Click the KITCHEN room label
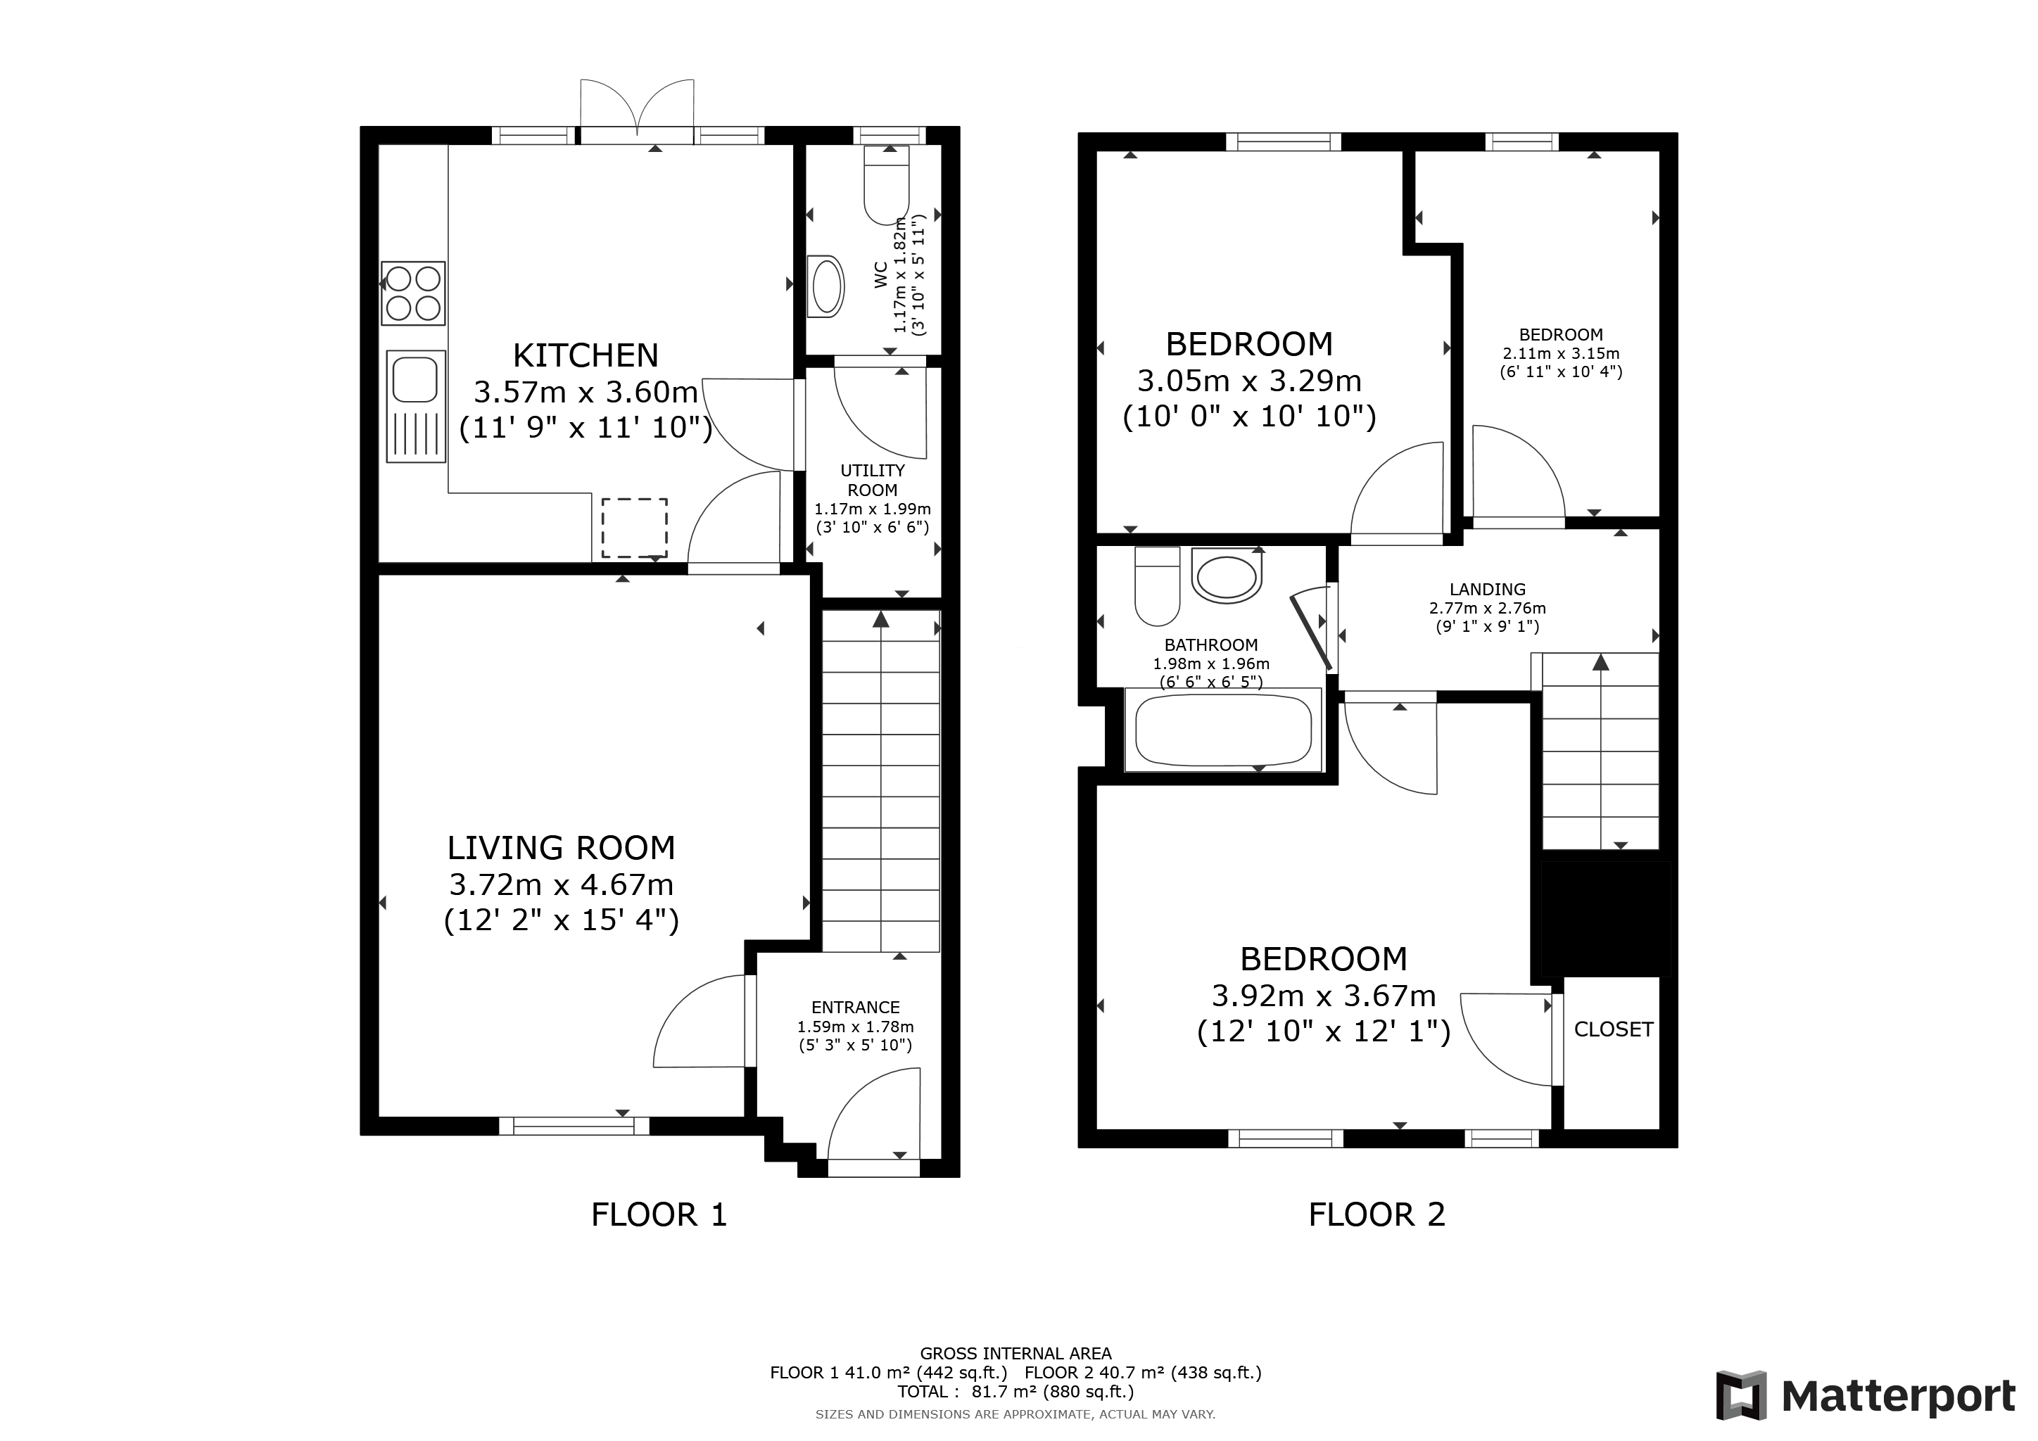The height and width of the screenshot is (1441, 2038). pyautogui.click(x=586, y=356)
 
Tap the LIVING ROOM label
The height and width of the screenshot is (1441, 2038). pyautogui.click(x=561, y=849)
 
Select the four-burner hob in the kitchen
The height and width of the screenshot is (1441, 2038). pyautogui.click(x=413, y=293)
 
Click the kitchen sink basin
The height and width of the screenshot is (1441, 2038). pyautogui.click(x=414, y=377)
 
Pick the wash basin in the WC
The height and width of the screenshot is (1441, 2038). pyautogui.click(x=826, y=286)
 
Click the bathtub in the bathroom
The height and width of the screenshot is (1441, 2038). pyautogui.click(x=1223, y=730)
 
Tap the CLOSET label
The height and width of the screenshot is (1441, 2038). pyautogui.click(x=1614, y=1029)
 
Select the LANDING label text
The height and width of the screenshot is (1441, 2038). pyautogui.click(x=1488, y=589)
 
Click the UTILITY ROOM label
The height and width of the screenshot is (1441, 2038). pyautogui.click(x=873, y=480)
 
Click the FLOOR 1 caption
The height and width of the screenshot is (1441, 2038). pyautogui.click(x=659, y=1214)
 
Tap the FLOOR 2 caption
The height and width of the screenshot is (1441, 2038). pyautogui.click(x=1378, y=1214)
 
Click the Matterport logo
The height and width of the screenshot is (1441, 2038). pyautogui.click(x=1866, y=1396)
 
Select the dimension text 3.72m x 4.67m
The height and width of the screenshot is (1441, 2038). pyautogui.click(x=561, y=884)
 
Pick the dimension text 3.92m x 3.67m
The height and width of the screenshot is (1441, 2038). pyautogui.click(x=1324, y=996)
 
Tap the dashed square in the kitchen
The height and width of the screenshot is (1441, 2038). pyautogui.click(x=635, y=528)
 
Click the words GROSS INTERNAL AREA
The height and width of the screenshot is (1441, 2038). pyautogui.click(x=1015, y=1353)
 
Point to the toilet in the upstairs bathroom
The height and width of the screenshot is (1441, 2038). pyautogui.click(x=1158, y=585)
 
